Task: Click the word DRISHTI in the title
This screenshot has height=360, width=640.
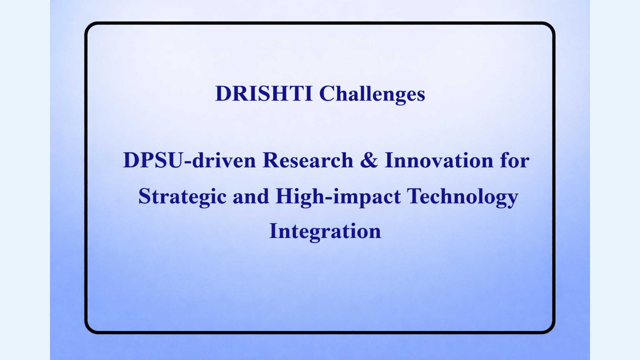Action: pos(264,93)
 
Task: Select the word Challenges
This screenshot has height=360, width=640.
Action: pos(372,94)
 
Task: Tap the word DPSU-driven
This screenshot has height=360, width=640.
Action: pos(189,160)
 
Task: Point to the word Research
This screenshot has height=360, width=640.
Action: pos(308,160)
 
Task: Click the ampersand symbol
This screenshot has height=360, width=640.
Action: pos(369,160)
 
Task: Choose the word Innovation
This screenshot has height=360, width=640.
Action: pos(439,160)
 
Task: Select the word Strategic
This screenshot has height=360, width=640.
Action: pos(182,197)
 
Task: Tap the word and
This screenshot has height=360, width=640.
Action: pos(251,196)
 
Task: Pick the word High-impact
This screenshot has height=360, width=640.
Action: pos(338,197)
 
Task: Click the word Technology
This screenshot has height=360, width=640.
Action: pos(463,197)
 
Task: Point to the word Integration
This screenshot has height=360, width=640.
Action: pos(325,232)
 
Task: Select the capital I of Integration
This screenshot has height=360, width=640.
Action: pos(274,231)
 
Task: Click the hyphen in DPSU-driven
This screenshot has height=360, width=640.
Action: pos(188,162)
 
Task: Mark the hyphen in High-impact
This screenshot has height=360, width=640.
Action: pos(329,198)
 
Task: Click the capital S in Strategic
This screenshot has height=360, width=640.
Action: pos(145,196)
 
